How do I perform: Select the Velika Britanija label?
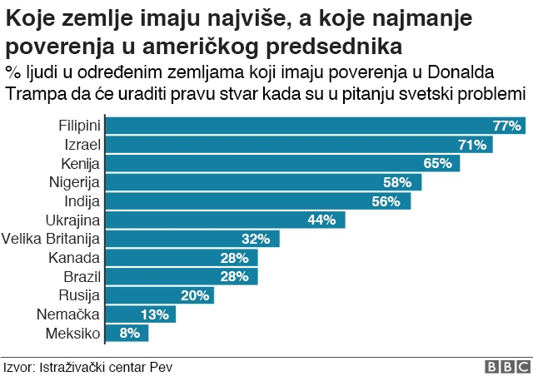51,239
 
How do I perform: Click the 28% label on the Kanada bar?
234,258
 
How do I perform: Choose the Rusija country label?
79,295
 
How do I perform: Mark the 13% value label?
155,314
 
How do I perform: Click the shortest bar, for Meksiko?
127,333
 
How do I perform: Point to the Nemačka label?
68,314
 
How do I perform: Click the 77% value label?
506,126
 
